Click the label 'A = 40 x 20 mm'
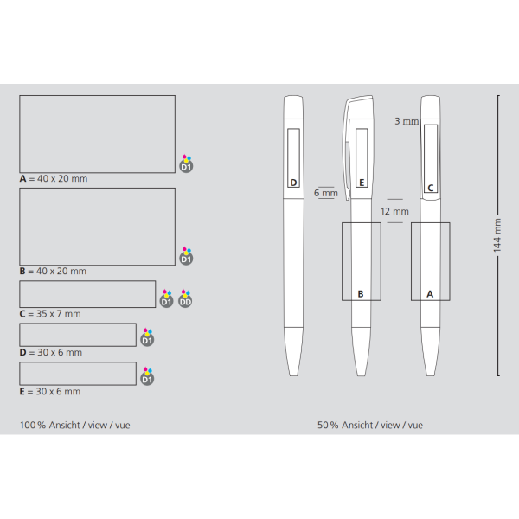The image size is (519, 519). pos(54,179)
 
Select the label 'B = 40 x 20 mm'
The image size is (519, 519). pos(53,271)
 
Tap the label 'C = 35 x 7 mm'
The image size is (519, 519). pos(50,314)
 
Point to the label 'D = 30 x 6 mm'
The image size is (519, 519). pos(51,353)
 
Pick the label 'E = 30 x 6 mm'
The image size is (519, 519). pos(50,392)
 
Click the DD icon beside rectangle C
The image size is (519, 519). pos(185,298)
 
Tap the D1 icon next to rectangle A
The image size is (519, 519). pos(186,163)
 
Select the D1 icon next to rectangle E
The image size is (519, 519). pos(147,376)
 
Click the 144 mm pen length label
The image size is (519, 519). pos(497,235)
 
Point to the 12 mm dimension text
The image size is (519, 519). pos(394,211)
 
